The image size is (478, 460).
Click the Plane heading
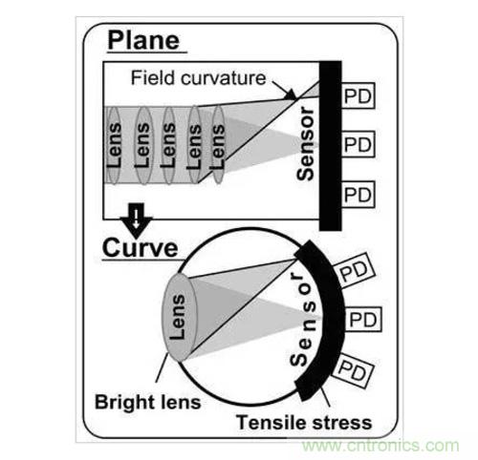143,40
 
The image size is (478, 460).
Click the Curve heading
141,248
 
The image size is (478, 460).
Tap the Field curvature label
198,78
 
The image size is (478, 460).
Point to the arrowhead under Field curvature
291,94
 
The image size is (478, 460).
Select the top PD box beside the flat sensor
358,95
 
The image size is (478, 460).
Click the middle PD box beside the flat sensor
358,144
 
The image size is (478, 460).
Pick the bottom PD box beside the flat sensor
358,195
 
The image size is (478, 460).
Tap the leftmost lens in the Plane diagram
114,145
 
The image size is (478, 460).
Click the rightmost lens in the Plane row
218,145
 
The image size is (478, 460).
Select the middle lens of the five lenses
168,145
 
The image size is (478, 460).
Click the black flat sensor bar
331,146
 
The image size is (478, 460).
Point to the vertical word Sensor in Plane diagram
305,145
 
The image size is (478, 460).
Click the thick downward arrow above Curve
137,220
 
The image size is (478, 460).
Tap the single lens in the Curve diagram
179,318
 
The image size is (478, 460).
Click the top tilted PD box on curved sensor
355,270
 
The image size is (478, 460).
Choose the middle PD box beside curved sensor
363,320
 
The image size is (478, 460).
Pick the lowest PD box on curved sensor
353,370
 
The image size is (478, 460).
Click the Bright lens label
148,402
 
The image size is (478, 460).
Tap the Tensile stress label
304,423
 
